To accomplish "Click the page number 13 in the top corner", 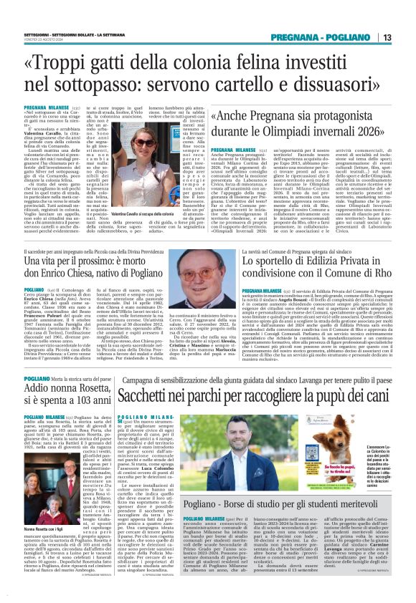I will (406, 38).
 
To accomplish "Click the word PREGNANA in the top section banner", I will (311, 37).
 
